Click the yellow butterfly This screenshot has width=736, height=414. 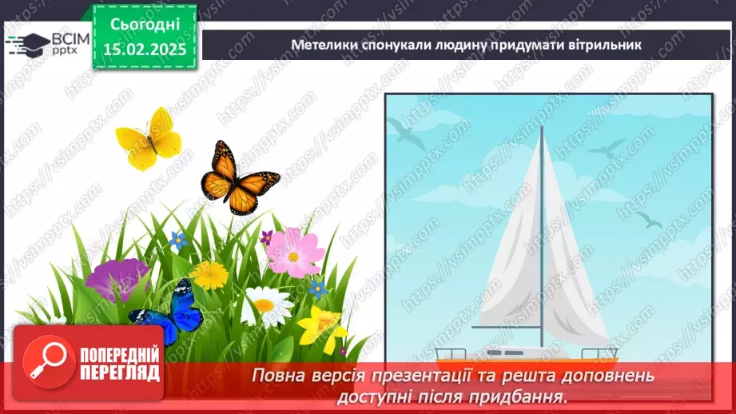(x=149, y=138)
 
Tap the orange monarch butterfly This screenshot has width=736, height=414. (x=237, y=177)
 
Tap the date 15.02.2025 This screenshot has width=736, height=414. (x=144, y=50)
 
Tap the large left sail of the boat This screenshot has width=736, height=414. (x=511, y=256)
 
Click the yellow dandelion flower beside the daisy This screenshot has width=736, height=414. (x=209, y=276)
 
